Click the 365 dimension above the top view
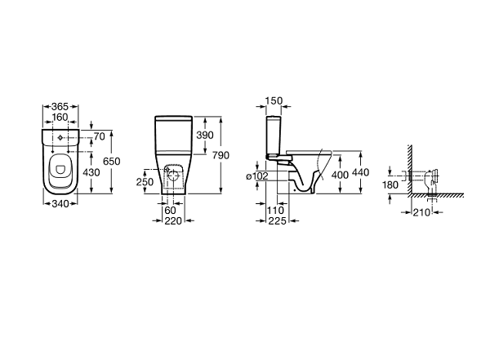(x=60, y=107)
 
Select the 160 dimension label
(x=60, y=118)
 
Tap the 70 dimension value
(x=100, y=136)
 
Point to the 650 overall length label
(x=112, y=162)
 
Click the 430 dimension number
(x=91, y=172)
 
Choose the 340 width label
(x=60, y=204)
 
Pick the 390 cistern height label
(x=205, y=135)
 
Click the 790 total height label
(x=220, y=155)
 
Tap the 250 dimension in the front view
(x=145, y=181)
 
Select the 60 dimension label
(x=171, y=211)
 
